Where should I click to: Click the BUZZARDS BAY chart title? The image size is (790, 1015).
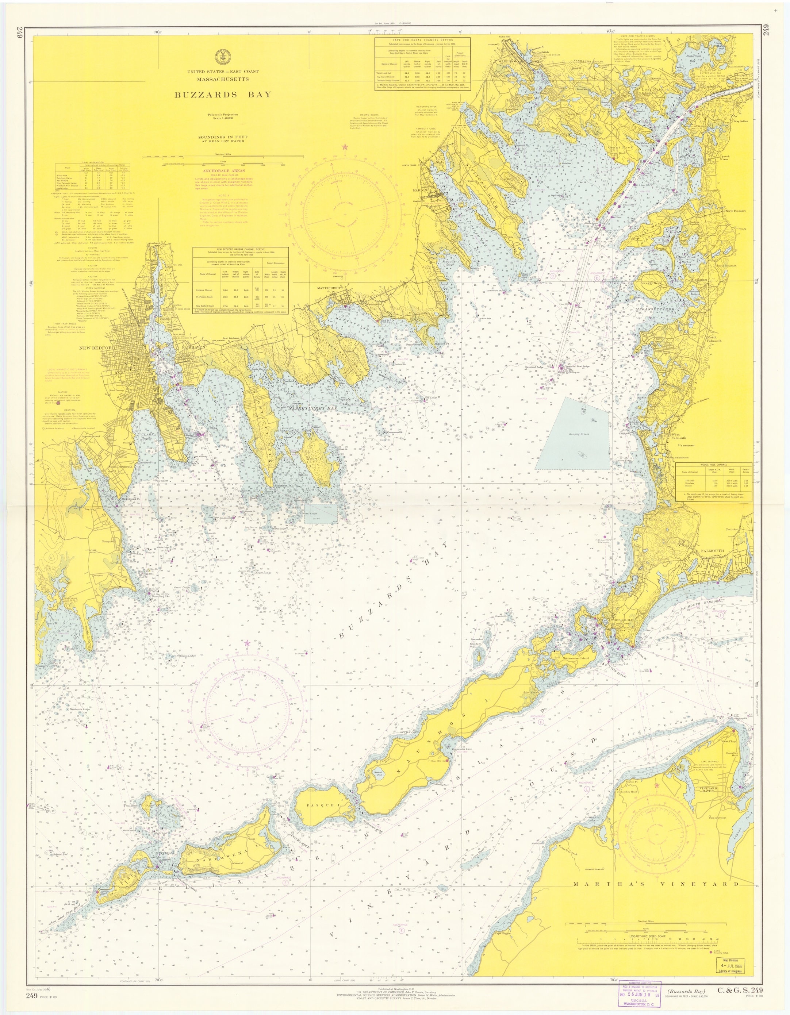[222, 95]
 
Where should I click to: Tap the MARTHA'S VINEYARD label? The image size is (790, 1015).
[656, 884]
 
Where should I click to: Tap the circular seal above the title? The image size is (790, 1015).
[222, 57]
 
